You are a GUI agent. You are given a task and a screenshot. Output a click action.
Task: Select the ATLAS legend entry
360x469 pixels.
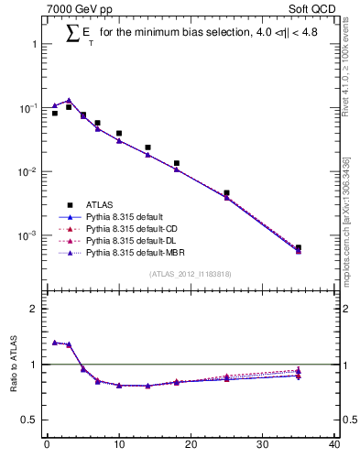99,204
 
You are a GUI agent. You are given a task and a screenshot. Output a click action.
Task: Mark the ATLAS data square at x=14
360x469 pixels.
147,147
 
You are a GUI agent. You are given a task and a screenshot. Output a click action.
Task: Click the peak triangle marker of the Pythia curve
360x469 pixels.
69,101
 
